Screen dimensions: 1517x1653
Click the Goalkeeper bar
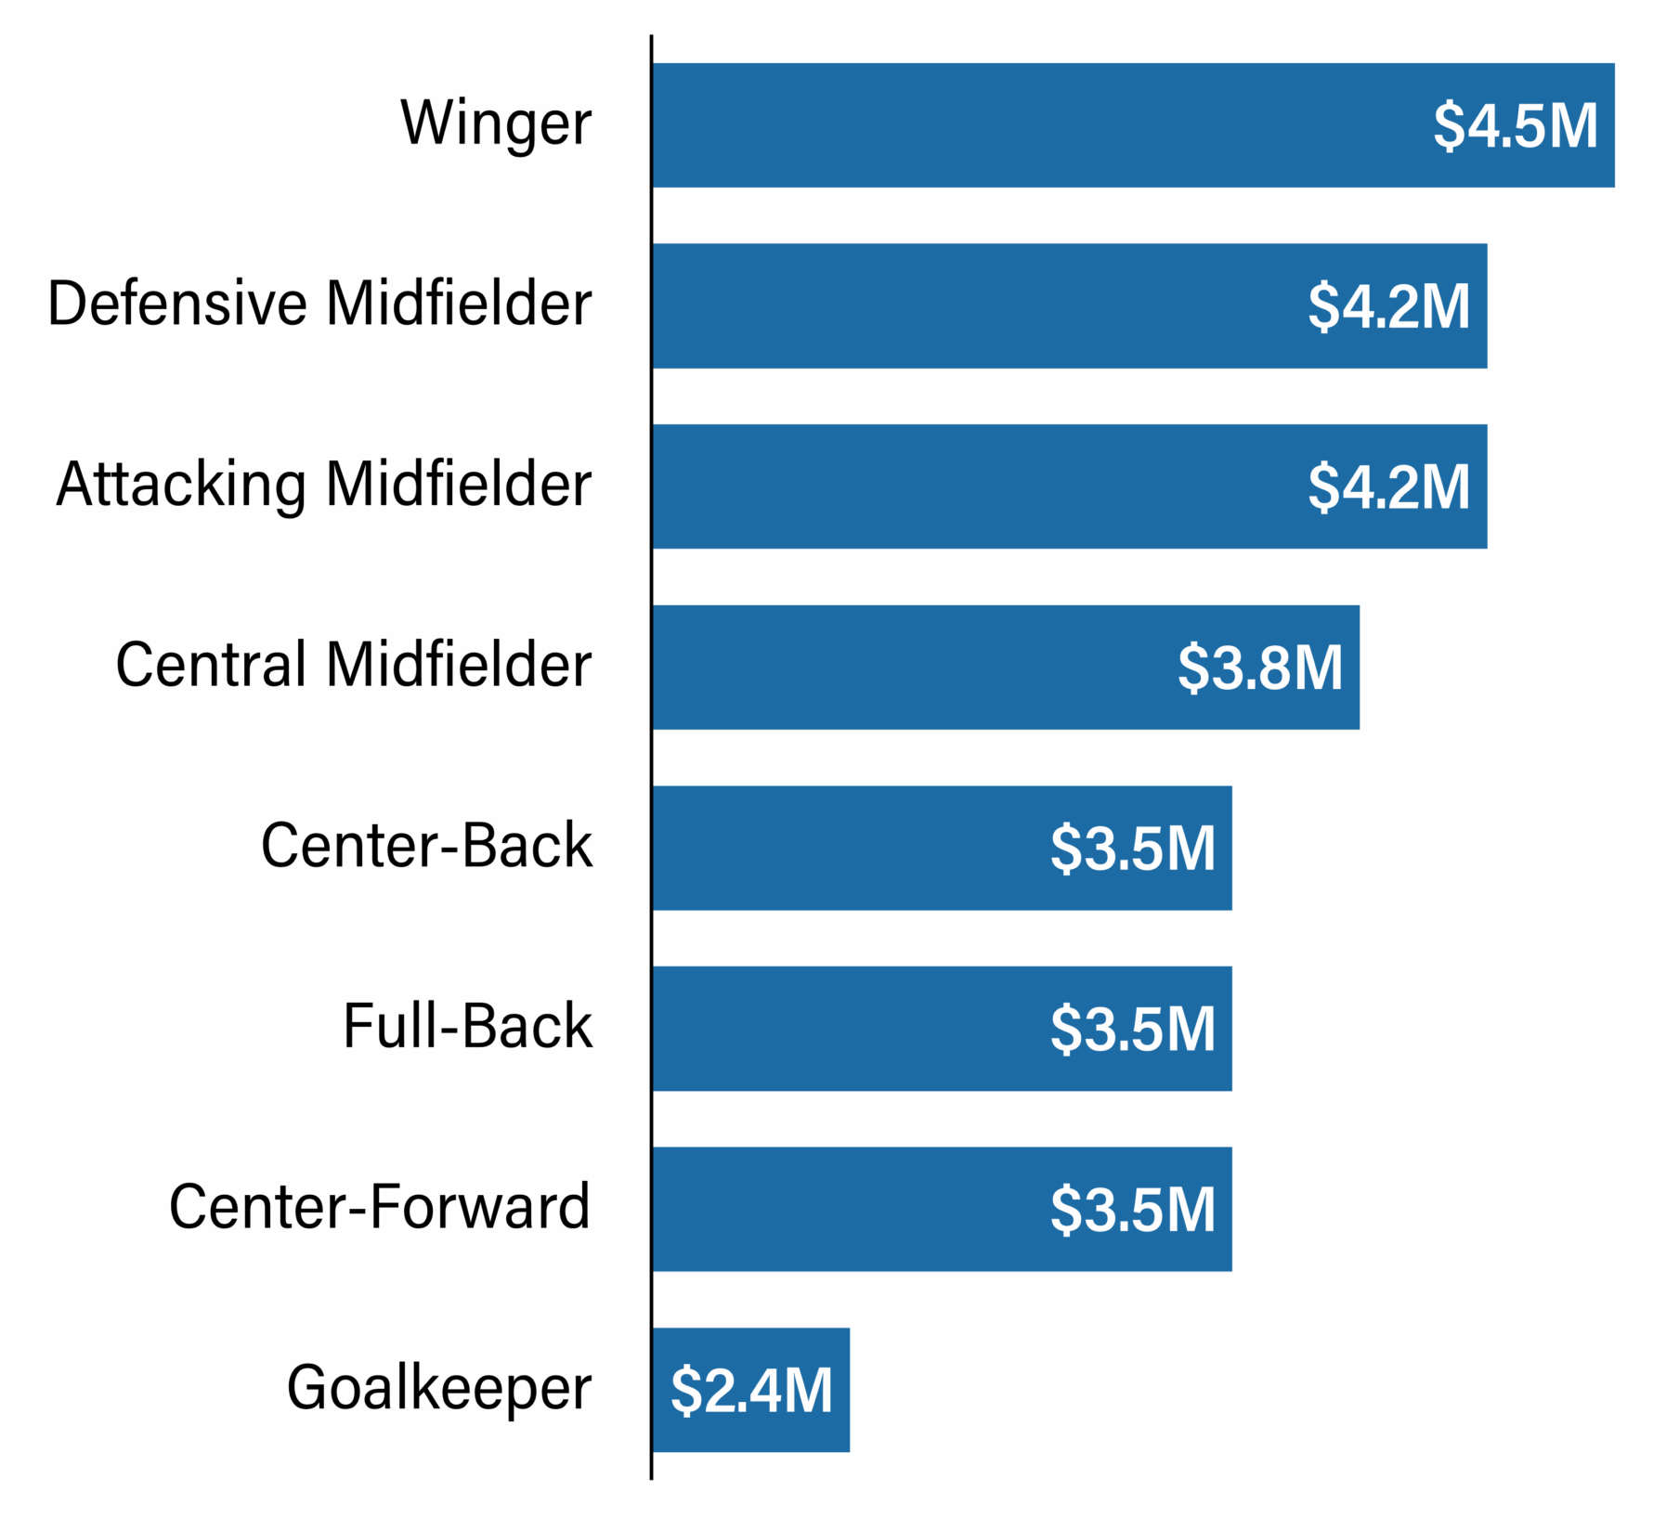coord(706,1389)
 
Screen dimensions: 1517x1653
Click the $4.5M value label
coord(1516,125)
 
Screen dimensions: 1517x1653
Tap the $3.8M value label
coord(1260,667)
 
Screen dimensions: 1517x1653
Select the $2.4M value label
coord(751,1390)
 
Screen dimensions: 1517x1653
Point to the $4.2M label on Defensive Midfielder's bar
coord(1388,305)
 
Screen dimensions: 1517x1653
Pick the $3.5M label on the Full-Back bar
coord(1133,1029)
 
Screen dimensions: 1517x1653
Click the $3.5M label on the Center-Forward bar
coord(1133,1209)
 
